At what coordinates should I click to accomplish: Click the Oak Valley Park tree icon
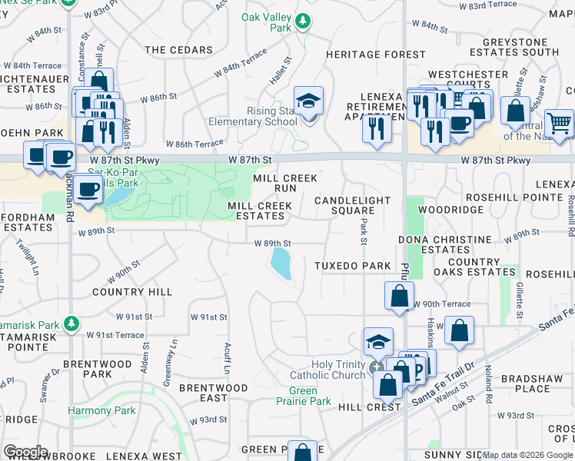pyautogui.click(x=304, y=21)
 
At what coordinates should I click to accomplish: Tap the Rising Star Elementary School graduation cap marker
pyautogui.click(x=308, y=102)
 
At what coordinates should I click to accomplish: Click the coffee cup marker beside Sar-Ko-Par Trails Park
pyautogui.click(x=88, y=189)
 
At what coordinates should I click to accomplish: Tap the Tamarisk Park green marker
pyautogui.click(x=71, y=323)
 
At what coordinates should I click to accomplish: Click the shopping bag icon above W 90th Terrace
pyautogui.click(x=399, y=296)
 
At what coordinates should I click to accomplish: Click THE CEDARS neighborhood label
pyautogui.click(x=178, y=50)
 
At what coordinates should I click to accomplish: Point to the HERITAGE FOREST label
pyautogui.click(x=375, y=55)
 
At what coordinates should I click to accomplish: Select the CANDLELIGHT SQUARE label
pyautogui.click(x=353, y=205)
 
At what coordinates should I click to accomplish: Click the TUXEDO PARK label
pyautogui.click(x=353, y=266)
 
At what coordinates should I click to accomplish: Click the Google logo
pyautogui.click(x=25, y=452)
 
